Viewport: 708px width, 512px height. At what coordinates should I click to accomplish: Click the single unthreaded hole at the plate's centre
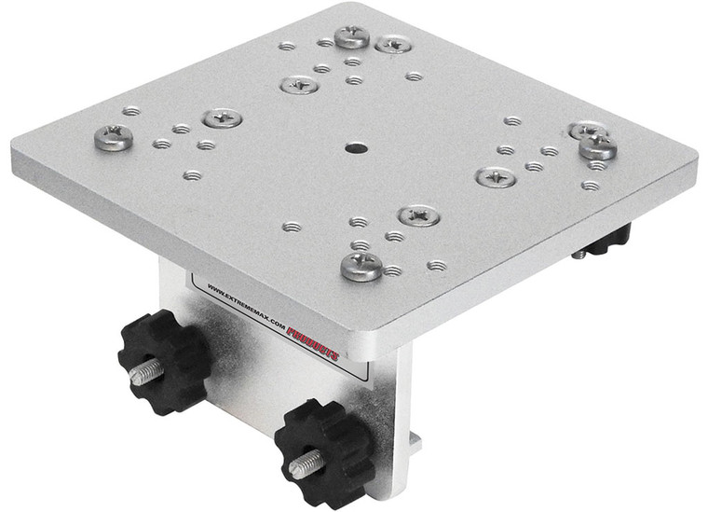click(x=355, y=147)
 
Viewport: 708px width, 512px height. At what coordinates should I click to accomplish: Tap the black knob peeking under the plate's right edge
click(x=610, y=239)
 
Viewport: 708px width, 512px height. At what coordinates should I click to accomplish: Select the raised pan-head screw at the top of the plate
click(x=351, y=36)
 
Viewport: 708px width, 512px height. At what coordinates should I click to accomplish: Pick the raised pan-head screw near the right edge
click(x=597, y=145)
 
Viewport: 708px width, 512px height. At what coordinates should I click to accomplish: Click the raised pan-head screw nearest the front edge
click(x=361, y=267)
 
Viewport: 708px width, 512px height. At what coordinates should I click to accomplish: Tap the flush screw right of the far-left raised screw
click(x=223, y=118)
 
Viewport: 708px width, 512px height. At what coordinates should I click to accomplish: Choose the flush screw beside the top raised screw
click(x=393, y=44)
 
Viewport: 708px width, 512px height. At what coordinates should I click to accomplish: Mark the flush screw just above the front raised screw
click(x=418, y=215)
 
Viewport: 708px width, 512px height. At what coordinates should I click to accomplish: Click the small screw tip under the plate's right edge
click(x=580, y=253)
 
